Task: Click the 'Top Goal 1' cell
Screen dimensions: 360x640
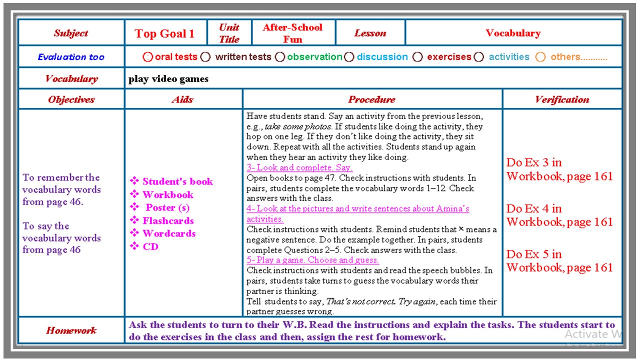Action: pyautogui.click(x=164, y=34)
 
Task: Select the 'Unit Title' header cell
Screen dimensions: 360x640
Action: pyautogui.click(x=229, y=33)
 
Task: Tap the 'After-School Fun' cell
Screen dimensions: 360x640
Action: pyautogui.click(x=292, y=33)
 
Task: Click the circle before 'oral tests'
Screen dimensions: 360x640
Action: pyautogui.click(x=147, y=57)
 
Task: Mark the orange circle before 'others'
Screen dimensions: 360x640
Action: pyautogui.click(x=540, y=57)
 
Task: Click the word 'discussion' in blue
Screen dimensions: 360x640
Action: pyautogui.click(x=382, y=57)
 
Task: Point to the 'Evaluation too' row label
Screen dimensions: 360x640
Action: pyautogui.click(x=71, y=57)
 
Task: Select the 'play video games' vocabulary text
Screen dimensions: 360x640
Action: pyautogui.click(x=168, y=78)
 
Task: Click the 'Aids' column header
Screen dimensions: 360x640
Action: pyautogui.click(x=182, y=99)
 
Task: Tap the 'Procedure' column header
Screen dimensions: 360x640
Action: pyautogui.click(x=371, y=99)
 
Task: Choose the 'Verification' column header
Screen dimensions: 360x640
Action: pyautogui.click(x=562, y=99)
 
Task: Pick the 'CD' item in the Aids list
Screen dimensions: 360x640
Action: pyautogui.click(x=150, y=246)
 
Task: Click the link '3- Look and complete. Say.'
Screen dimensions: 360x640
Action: pyautogui.click(x=299, y=167)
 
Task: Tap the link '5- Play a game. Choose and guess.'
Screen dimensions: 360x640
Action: pyautogui.click(x=312, y=260)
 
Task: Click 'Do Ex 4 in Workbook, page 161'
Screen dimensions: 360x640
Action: pyautogui.click(x=559, y=215)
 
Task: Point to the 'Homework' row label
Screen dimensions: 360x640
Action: pyautogui.click(x=71, y=330)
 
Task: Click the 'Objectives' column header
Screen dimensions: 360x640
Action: pyautogui.click(x=71, y=99)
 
